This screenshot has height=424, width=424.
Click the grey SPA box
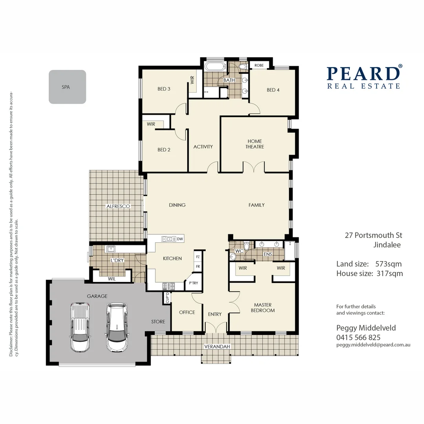pos(67,87)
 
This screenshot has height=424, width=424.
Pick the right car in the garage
pos(117,327)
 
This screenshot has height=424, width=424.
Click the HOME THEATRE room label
pos(255,144)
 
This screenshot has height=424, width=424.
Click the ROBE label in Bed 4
pos(259,65)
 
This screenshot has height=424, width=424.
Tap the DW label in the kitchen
pos(180,239)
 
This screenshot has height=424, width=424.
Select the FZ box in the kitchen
pos(197,257)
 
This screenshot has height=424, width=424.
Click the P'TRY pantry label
pos(193,283)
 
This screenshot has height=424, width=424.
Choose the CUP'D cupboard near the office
pos(167,298)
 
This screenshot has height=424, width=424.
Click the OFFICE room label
pos(187,313)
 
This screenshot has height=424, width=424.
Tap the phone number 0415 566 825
pos(358,337)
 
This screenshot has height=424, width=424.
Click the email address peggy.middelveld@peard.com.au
pos(373,345)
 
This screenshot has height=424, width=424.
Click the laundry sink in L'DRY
pos(110,249)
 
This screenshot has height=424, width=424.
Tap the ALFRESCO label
pos(118,206)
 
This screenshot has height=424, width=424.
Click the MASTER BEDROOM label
pos(263,307)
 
